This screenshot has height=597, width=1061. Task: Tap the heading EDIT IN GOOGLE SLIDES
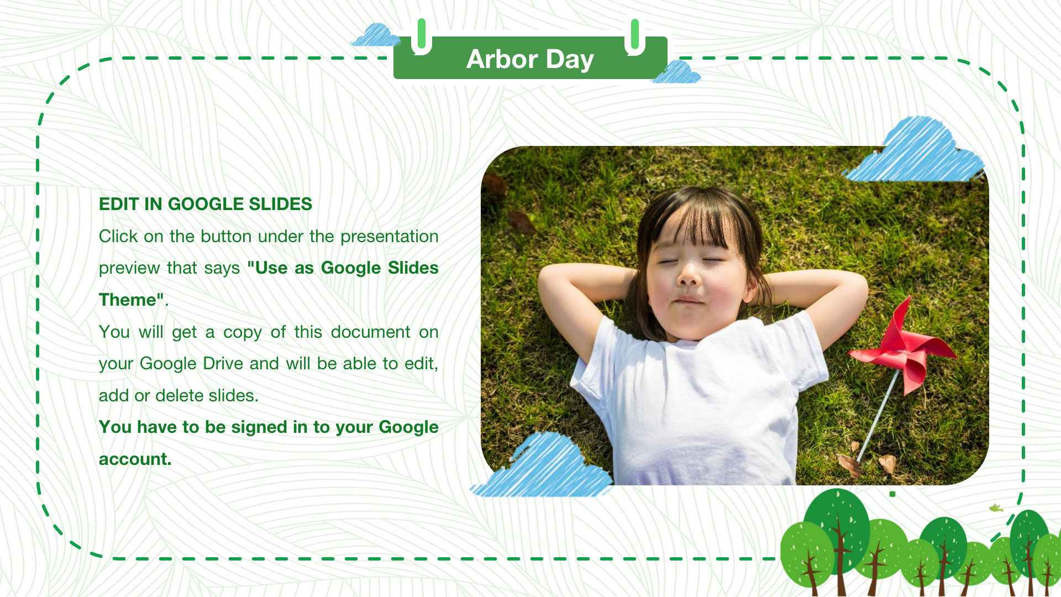(x=206, y=204)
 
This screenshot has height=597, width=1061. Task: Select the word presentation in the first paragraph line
(x=390, y=237)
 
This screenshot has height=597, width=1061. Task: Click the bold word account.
(x=135, y=459)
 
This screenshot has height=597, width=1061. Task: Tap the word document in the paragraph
(x=371, y=332)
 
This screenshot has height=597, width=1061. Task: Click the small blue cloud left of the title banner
(x=376, y=35)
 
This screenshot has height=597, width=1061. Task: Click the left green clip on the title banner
(x=422, y=35)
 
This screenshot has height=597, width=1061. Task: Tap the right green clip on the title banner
(x=635, y=36)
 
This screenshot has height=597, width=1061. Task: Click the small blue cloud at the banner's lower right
(x=676, y=72)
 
